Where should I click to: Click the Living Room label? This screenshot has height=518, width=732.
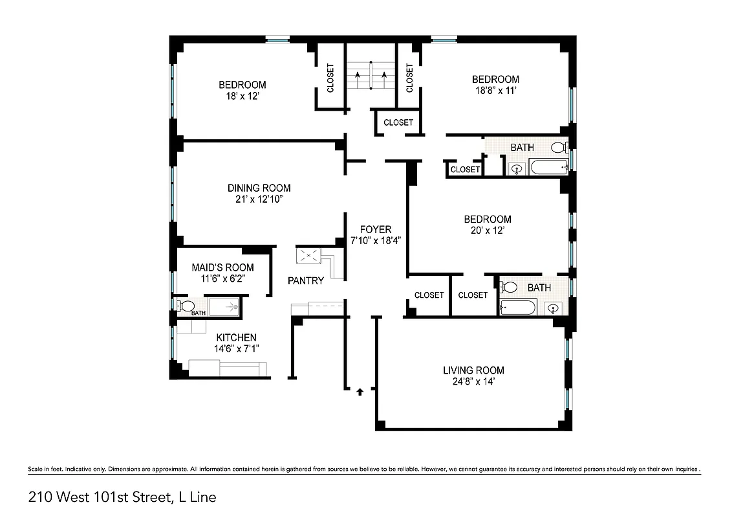[473, 370]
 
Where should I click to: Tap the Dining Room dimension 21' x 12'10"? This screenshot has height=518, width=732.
[259, 199]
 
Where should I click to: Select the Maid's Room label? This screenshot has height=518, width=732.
[222, 267]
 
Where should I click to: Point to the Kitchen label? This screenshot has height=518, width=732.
[236, 337]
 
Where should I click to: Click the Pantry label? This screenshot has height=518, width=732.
[306, 281]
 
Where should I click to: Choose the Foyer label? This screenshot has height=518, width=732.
[376, 229]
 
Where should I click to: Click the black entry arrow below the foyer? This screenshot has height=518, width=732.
[360, 391]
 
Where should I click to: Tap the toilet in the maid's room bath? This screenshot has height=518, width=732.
[187, 306]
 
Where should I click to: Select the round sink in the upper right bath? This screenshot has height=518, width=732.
[517, 170]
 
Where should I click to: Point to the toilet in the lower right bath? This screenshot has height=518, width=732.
[510, 287]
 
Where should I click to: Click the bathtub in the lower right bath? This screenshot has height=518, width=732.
[518, 307]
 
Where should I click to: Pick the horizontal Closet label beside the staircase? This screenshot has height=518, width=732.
[398, 122]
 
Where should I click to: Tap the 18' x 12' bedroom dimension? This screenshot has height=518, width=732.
[242, 96]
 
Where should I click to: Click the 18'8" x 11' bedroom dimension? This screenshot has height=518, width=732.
[495, 91]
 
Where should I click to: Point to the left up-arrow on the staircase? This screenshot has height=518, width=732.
[357, 76]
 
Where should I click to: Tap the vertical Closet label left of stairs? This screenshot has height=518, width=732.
[330, 78]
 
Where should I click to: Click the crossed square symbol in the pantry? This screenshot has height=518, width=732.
[309, 256]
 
